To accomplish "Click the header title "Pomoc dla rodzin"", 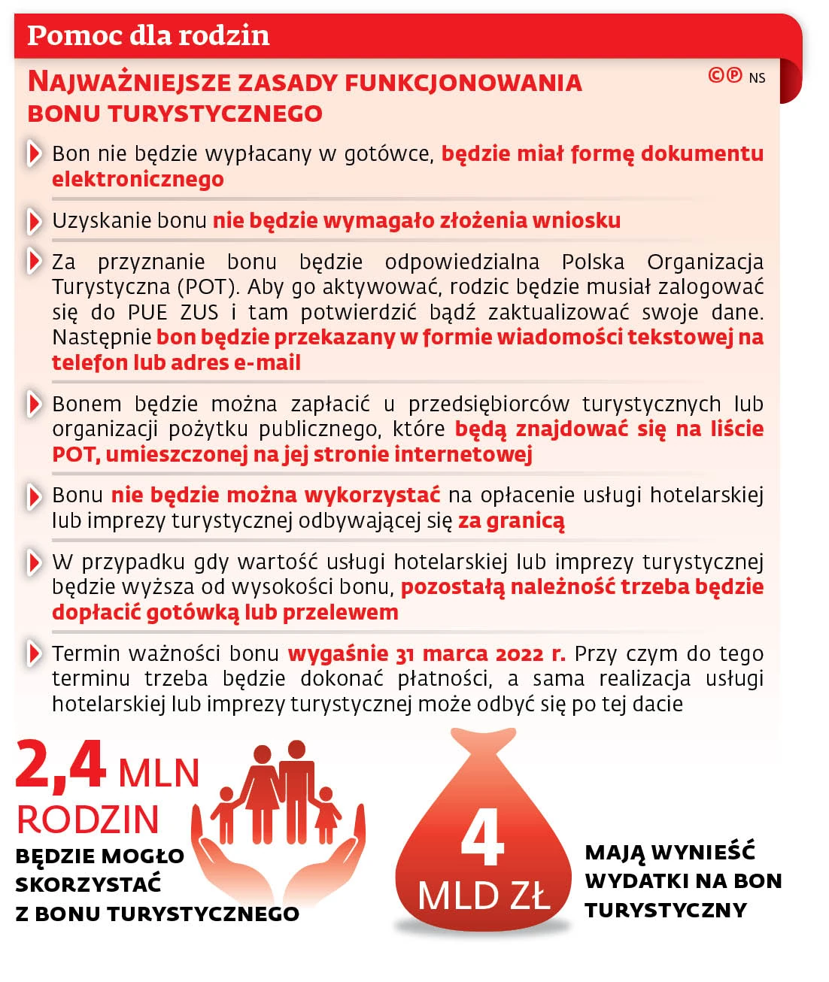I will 148,35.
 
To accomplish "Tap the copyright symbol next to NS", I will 716,75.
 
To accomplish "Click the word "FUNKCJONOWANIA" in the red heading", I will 463,82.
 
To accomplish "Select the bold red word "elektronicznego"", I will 138,179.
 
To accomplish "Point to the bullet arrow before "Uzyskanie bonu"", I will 34,220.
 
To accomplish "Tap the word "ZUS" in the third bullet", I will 199,312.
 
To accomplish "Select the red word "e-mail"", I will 267,362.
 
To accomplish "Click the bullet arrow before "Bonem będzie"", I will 34,404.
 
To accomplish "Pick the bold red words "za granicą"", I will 512,520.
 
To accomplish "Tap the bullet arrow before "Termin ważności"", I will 34,653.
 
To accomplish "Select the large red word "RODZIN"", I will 88,820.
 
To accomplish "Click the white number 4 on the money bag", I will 481,837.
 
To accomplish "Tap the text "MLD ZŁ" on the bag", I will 483,896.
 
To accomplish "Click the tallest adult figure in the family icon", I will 297,790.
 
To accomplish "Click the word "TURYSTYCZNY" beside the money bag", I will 666,910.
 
